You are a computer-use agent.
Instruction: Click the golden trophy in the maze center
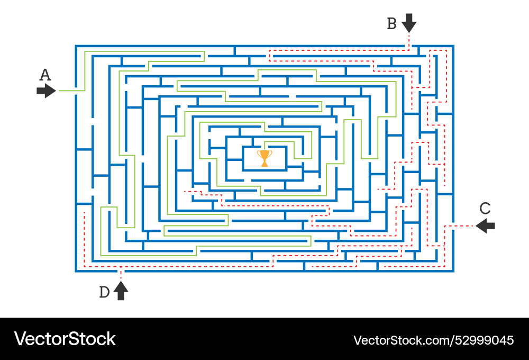point(264,158)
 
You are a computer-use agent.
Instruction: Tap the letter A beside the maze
point(45,75)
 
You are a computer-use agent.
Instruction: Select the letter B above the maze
point(391,24)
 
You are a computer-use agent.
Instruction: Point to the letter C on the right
point(485,208)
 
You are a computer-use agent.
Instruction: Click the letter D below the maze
point(105,292)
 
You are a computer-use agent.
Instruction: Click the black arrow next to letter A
point(46,91)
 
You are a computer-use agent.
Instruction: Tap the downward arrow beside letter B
point(409,23)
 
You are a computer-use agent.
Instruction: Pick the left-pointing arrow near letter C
point(486,226)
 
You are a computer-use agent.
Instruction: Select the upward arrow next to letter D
point(121,291)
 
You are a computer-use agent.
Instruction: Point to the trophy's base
point(264,165)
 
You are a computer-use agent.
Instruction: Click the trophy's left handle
point(259,154)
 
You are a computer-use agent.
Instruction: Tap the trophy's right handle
point(270,154)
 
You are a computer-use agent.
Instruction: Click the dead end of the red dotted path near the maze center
point(185,191)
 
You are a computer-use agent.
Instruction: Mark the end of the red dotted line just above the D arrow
point(121,277)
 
